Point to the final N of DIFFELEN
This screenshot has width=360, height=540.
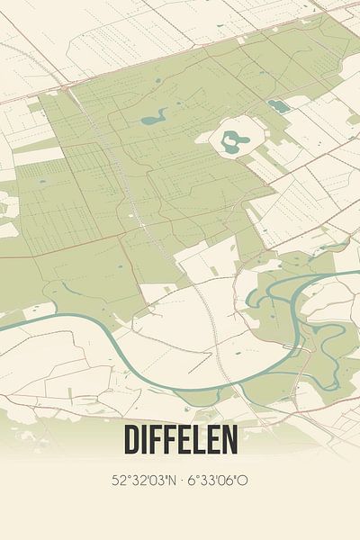(x=229, y=441)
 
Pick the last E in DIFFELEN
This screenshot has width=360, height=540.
(x=217, y=441)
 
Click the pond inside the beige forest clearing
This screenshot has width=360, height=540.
(x=233, y=139)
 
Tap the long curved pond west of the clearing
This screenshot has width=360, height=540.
(x=155, y=116)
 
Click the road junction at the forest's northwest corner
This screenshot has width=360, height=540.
(x=68, y=90)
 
